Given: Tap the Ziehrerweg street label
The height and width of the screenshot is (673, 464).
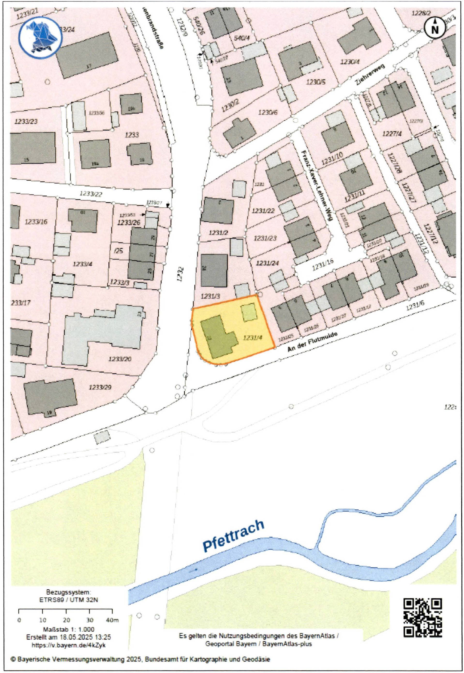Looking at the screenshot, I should pyautogui.click(x=370, y=75).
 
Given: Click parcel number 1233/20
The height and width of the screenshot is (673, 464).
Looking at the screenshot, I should pyautogui.click(x=120, y=359).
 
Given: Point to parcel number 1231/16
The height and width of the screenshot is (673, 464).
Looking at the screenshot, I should pyautogui.click(x=323, y=265).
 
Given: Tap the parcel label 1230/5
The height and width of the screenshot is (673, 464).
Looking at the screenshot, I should pyautogui.click(x=315, y=82).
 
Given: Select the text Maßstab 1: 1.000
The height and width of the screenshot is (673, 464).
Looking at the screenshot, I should pyautogui.click(x=69, y=629).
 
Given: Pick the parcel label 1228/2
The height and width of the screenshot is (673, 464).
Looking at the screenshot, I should pyautogui.click(x=421, y=13).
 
